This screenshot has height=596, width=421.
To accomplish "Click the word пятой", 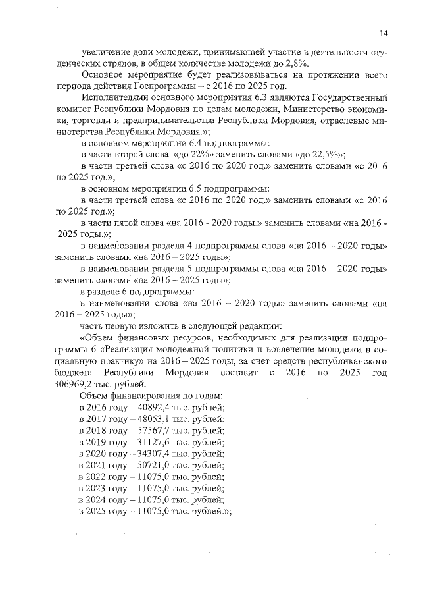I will click(x=130, y=223).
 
